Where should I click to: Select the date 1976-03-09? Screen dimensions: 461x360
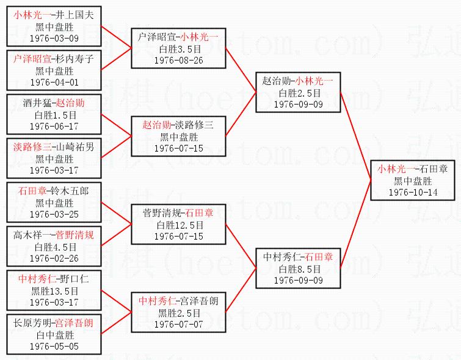[54, 38]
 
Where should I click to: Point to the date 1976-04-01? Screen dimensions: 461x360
[54, 82]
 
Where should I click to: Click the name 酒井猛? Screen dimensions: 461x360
[35, 103]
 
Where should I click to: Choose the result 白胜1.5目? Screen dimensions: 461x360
[54, 114]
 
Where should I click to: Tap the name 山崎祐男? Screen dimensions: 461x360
[75, 147]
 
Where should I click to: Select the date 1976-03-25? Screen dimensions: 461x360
[54, 213]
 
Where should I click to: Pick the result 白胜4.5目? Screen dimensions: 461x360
[54, 246]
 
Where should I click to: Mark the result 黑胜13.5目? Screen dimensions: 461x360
[54, 290]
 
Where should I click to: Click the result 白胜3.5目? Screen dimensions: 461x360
[178, 49]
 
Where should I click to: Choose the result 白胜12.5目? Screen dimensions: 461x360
[178, 225]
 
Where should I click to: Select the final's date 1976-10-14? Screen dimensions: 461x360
[413, 192]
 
